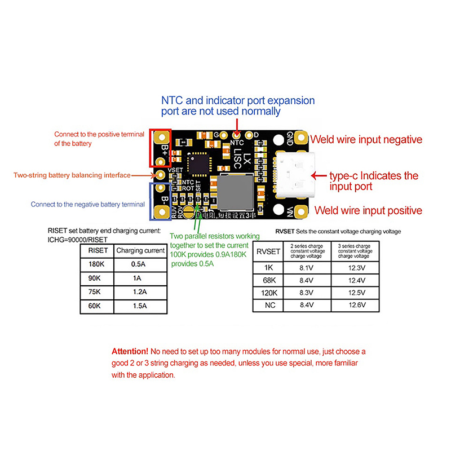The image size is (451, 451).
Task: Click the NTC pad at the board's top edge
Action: (x=237, y=135)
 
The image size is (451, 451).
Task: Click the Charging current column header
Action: (x=139, y=250)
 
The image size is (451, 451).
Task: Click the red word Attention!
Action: (x=130, y=351)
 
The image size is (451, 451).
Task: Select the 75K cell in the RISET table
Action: (x=94, y=293)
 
